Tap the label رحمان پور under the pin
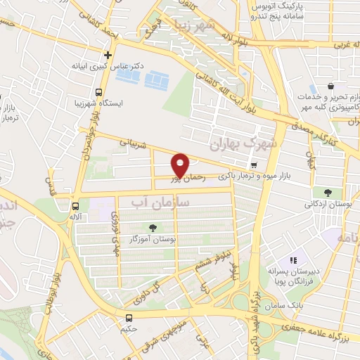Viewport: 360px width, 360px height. pos(190,179)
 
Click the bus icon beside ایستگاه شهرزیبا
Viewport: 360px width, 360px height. pos(98,91)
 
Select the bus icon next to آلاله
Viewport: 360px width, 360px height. pos(75,206)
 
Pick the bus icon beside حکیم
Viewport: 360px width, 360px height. pos(128,318)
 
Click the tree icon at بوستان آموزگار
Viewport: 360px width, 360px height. pos(153,227)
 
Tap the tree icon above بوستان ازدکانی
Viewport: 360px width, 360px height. pos(328,191)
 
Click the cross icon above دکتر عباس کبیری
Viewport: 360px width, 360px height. pos(108,54)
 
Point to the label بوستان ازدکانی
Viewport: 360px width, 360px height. pos(328,204)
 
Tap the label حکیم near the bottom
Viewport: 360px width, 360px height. pos(128,329)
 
